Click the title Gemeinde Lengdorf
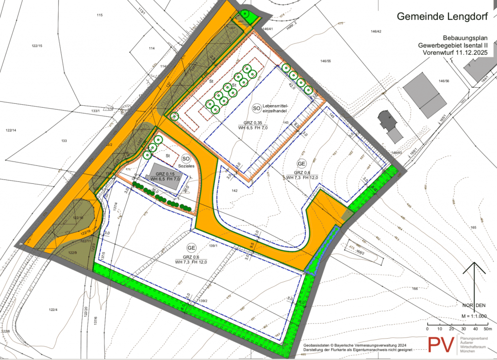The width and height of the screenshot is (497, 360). click(x=443, y=16)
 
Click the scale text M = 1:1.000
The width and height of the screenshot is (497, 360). click(x=475, y=316)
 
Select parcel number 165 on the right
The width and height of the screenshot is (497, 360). click(x=473, y=227)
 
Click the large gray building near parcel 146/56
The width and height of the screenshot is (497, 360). click(x=425, y=95)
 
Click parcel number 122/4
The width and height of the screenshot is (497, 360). click(x=53, y=310)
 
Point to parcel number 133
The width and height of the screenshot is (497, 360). click(x=64, y=141)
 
